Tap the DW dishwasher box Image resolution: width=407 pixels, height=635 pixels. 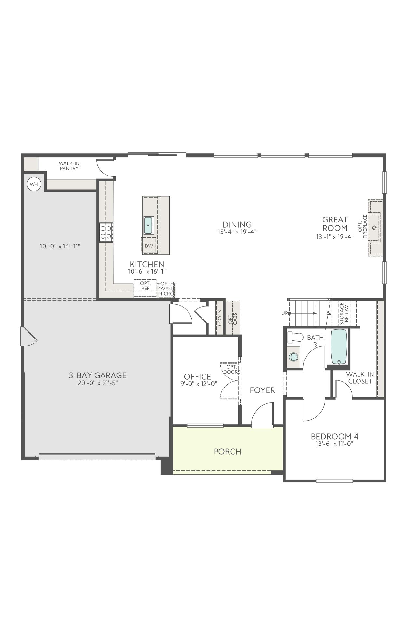coord(149,246)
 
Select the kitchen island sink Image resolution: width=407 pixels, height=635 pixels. coord(149,225)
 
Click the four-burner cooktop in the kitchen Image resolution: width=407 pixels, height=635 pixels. coord(106,232)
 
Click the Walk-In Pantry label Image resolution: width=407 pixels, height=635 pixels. coord(69,166)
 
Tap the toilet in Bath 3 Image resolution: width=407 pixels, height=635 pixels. coord(295,337)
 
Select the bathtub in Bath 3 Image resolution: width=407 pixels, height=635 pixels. coord(339,347)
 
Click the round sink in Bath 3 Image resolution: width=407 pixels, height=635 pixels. coord(294,357)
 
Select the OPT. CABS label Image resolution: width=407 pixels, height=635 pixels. coord(232,318)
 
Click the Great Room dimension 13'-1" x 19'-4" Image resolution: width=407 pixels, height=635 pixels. coord(335,237)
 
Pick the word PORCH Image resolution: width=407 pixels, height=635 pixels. coord(227,452)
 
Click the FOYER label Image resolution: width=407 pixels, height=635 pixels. coord(262,390)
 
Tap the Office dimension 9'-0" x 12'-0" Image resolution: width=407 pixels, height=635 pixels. coord(199,384)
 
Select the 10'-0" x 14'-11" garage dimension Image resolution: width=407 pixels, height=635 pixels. coord(60,246)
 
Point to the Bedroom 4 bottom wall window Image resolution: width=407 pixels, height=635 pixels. coord(334,481)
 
